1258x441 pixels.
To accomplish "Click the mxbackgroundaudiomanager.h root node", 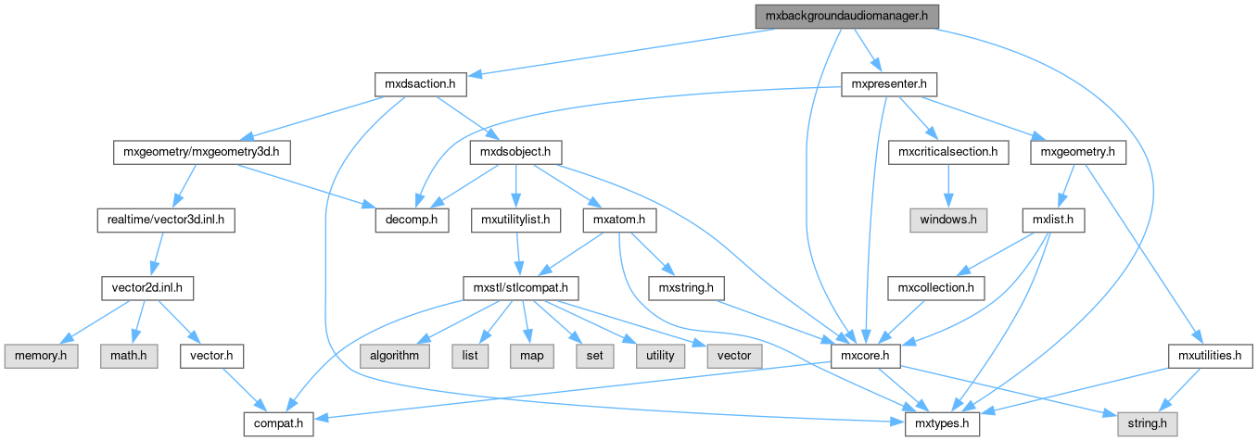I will [845, 16].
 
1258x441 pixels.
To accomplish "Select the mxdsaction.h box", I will [420, 84].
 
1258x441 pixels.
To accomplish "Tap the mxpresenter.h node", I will [888, 84].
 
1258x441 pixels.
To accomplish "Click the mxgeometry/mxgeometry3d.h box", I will [201, 152].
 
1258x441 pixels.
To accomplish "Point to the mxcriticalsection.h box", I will [947, 152].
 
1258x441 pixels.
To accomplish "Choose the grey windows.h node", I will [947, 220].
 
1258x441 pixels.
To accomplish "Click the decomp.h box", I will [411, 220].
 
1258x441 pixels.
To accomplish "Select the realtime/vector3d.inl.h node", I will [165, 220].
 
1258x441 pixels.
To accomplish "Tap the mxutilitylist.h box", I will [516, 220].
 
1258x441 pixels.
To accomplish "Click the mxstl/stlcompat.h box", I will [521, 288].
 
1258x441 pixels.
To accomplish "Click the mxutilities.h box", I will [1209, 356].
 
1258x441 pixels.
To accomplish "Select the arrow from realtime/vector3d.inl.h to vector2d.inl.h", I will [159, 255].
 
